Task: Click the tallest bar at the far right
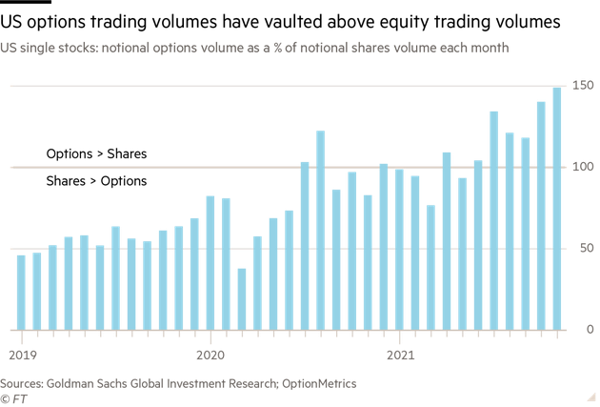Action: pyautogui.click(x=556, y=209)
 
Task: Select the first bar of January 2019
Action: pyautogui.click(x=21, y=292)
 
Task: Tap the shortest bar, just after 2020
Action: pyautogui.click(x=242, y=298)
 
